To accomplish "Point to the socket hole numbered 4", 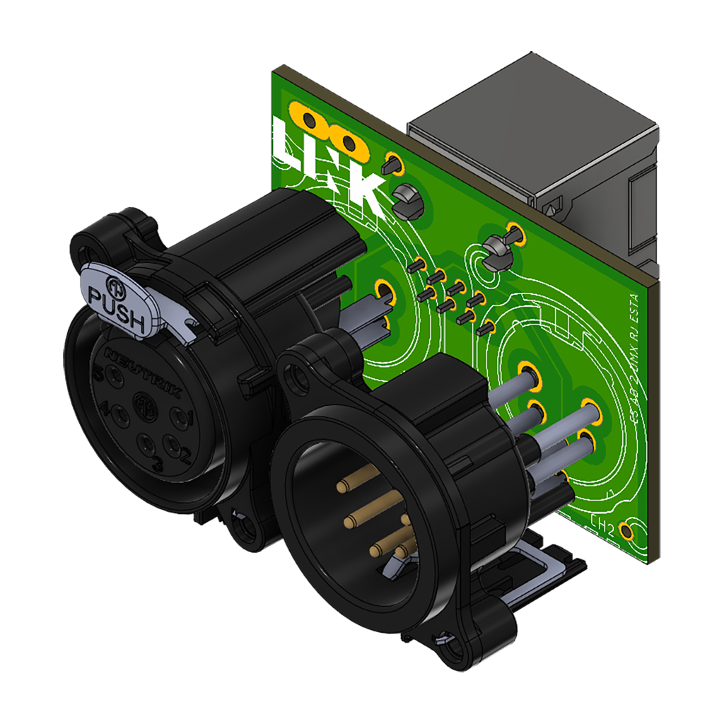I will pyautogui.click(x=117, y=411).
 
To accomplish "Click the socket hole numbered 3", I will pyautogui.click(x=148, y=445).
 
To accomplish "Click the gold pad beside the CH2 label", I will pyautogui.click(x=625, y=530).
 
